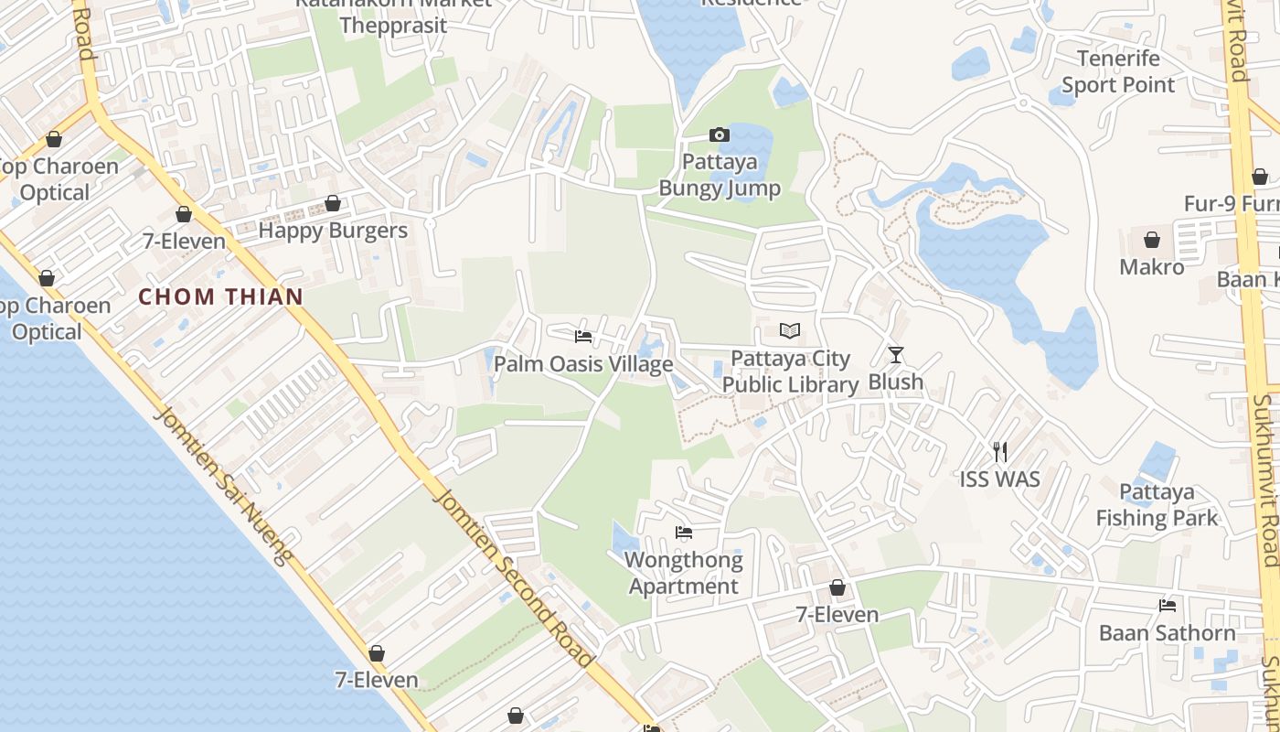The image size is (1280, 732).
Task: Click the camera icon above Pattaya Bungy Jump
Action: click(x=720, y=135)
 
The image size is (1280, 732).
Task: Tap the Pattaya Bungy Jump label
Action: click(x=720, y=176)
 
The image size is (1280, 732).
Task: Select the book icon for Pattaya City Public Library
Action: click(x=790, y=330)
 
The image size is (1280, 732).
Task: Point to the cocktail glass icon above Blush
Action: click(x=896, y=354)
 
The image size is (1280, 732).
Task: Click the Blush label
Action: click(x=896, y=382)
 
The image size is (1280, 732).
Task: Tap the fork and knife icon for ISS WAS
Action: click(x=999, y=451)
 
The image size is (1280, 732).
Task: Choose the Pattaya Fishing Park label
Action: click(x=1157, y=505)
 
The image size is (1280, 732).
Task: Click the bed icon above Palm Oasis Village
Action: click(x=583, y=337)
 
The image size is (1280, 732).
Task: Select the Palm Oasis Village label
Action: click(x=583, y=364)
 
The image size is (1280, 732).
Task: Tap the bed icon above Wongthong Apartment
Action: click(x=684, y=533)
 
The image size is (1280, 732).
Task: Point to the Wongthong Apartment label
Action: click(x=684, y=573)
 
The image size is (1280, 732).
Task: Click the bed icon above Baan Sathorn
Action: click(x=1168, y=606)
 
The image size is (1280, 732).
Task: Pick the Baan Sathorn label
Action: click(x=1168, y=633)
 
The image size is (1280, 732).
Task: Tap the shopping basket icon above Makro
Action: click(x=1152, y=240)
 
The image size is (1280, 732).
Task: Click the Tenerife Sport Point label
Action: click(x=1118, y=71)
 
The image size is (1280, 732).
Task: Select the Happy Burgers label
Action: click(x=333, y=231)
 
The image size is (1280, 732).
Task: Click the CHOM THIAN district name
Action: click(x=220, y=296)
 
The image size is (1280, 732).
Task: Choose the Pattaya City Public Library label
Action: click(x=790, y=371)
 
